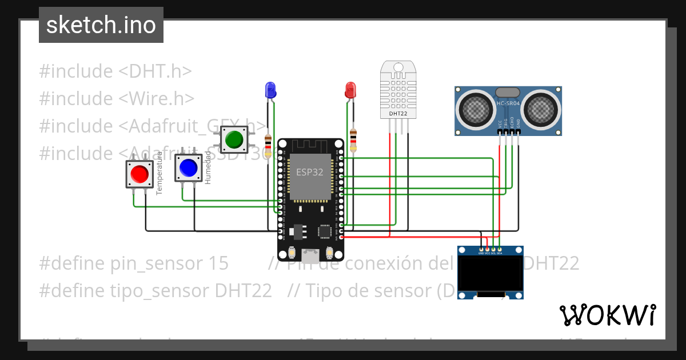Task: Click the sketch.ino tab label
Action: pyautogui.click(x=101, y=25)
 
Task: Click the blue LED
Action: pyautogui.click(x=270, y=89)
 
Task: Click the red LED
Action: pyautogui.click(x=350, y=90)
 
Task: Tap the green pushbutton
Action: pyautogui.click(x=234, y=139)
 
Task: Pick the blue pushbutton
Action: pyautogui.click(x=188, y=167)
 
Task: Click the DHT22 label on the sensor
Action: pyautogui.click(x=398, y=113)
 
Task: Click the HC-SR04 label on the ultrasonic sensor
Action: pyautogui.click(x=508, y=103)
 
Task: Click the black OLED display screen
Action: pyautogui.click(x=490, y=273)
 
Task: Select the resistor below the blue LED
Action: pyautogui.click(x=269, y=142)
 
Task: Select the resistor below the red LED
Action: pyautogui.click(x=353, y=141)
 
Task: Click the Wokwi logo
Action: pyautogui.click(x=607, y=315)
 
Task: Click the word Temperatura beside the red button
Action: pyautogui.click(x=159, y=173)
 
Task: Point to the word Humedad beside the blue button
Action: pyautogui.click(x=208, y=168)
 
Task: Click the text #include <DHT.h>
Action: pyautogui.click(x=115, y=71)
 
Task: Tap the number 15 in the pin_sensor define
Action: pyautogui.click(x=218, y=263)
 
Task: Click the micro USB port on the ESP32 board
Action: pyautogui.click(x=310, y=253)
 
